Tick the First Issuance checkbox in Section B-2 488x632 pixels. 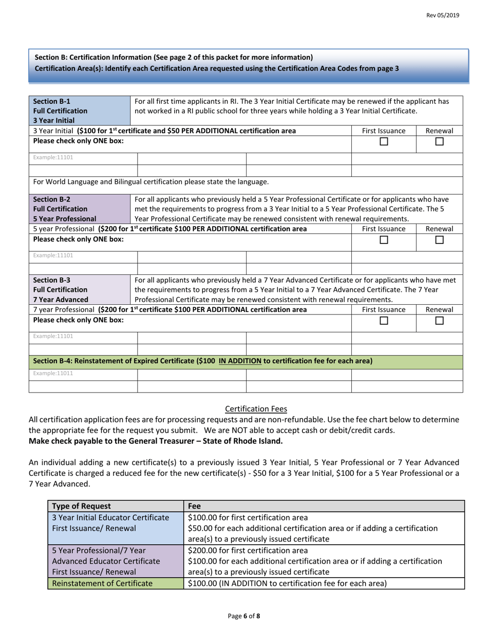(x=384, y=240)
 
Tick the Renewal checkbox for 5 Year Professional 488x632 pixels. (x=439, y=240)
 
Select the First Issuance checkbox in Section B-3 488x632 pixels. (x=384, y=321)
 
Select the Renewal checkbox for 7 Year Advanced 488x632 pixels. (x=439, y=321)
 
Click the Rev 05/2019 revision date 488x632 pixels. (x=443, y=15)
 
